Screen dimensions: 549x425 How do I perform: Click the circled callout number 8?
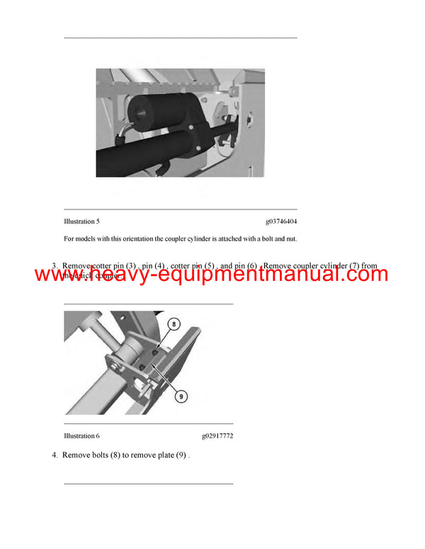click(x=171, y=323)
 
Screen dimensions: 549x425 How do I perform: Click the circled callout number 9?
click(x=181, y=397)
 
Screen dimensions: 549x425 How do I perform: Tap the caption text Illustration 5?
click(x=81, y=221)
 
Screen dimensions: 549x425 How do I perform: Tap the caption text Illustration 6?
click(x=81, y=436)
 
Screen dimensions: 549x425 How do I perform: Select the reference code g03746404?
click(x=281, y=221)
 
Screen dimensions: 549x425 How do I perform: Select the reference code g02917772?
click(x=217, y=436)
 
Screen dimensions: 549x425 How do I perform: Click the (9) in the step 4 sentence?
click(x=181, y=455)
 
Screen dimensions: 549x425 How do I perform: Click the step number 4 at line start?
click(x=55, y=455)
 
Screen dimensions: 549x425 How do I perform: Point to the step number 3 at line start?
click(x=55, y=266)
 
